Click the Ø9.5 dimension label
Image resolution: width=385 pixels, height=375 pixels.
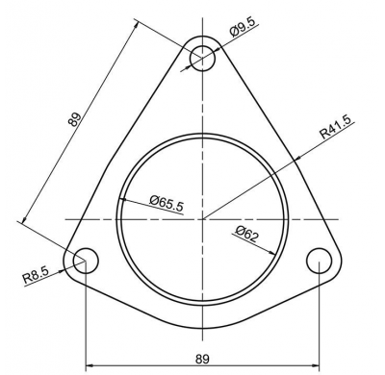coord(243,29)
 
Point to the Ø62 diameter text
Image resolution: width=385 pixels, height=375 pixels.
coord(246,233)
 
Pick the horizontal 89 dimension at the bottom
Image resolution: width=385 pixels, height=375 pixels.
coord(202,359)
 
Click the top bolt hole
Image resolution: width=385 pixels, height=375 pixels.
coord(202,58)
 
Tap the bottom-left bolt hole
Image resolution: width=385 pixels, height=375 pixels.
coord(86,261)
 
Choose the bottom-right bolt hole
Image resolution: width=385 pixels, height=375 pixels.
coord(319,261)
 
